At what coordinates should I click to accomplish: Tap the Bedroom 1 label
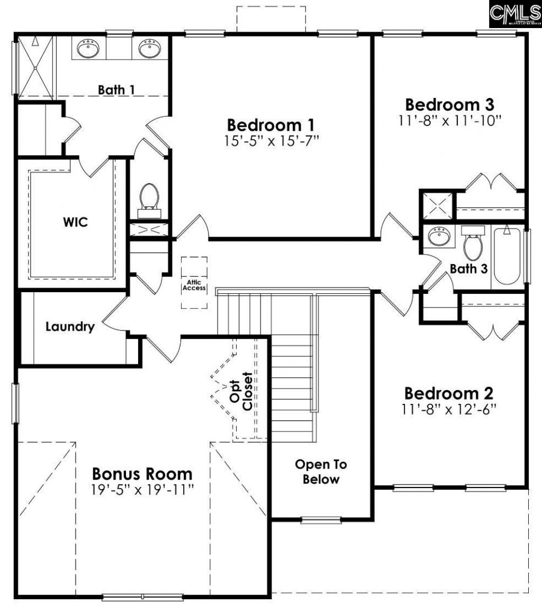point(270,125)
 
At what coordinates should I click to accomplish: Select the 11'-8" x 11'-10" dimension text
point(449,120)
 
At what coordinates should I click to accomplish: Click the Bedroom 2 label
point(449,393)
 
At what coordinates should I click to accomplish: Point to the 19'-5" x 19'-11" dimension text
point(142,489)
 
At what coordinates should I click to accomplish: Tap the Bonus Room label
point(142,473)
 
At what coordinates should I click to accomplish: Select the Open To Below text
point(321,472)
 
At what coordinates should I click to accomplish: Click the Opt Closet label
point(241,391)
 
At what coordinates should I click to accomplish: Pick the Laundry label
point(70,327)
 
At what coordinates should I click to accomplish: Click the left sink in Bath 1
point(88,49)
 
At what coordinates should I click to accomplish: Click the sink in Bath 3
point(439,237)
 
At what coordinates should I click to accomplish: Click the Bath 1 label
point(116,89)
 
